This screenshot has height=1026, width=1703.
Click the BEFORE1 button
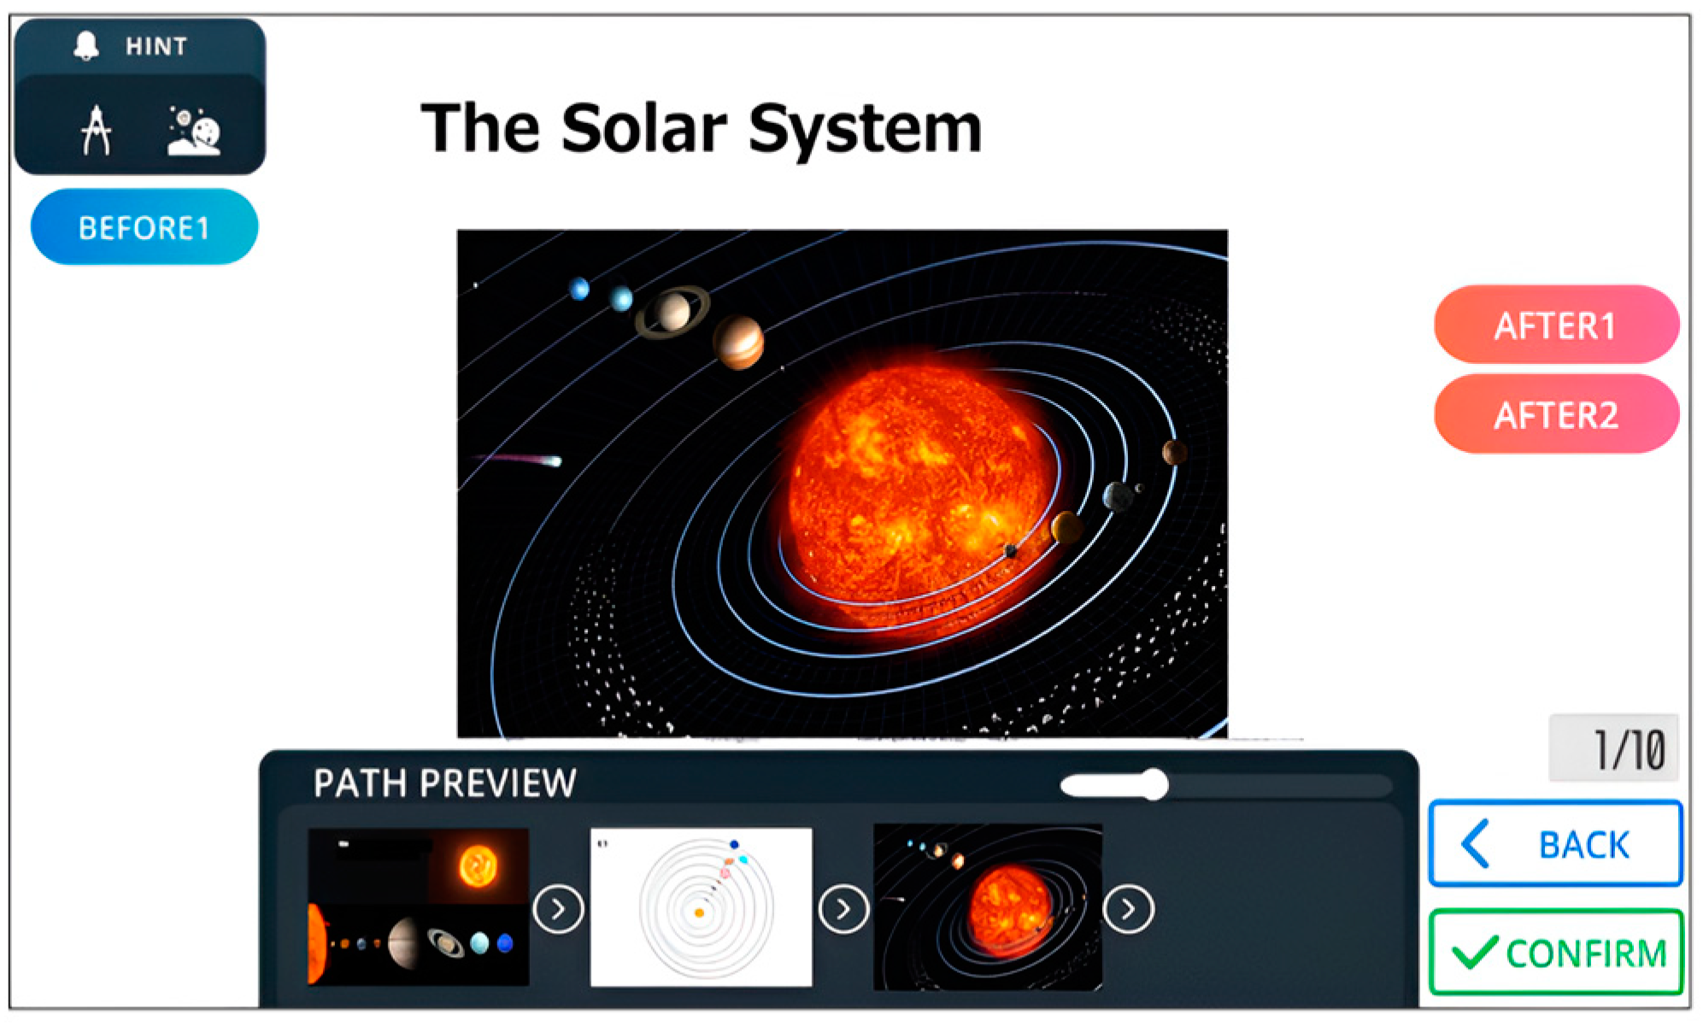click(144, 227)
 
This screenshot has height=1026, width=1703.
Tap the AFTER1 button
click(1556, 325)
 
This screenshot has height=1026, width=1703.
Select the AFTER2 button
click(1556, 415)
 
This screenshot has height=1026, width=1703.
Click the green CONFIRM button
click(1556, 953)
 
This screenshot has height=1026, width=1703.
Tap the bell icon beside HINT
click(86, 45)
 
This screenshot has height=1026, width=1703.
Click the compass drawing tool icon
click(97, 130)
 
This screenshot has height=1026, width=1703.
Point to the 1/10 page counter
click(1613, 748)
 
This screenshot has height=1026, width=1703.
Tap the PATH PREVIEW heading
click(444, 783)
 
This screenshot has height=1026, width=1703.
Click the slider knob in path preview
click(1154, 784)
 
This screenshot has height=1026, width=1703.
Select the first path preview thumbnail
click(419, 907)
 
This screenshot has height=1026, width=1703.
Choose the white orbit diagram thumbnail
click(701, 907)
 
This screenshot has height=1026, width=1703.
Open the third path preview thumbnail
click(988, 907)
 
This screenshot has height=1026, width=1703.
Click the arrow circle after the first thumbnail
click(558, 909)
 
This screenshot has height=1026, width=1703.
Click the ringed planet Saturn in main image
click(672, 311)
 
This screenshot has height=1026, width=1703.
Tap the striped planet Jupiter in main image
click(738, 342)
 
